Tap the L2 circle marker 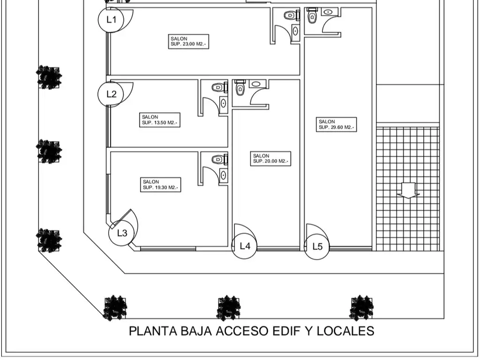click(111, 94)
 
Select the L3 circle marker click(121, 233)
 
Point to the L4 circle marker click(245, 246)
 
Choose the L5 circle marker click(317, 247)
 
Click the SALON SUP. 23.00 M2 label click(188, 41)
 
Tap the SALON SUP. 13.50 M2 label click(160, 120)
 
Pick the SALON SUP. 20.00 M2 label click(271, 158)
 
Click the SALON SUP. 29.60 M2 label click(337, 124)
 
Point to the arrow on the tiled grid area click(408, 190)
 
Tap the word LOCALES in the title click(346, 331)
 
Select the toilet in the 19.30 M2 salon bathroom click(218, 160)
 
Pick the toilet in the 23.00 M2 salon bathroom click(291, 15)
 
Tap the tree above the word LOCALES click(361, 308)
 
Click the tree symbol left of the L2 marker click(49, 77)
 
